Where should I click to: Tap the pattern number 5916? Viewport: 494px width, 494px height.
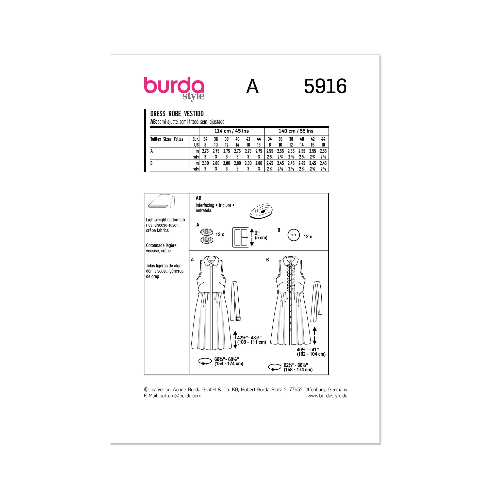(x=325, y=86)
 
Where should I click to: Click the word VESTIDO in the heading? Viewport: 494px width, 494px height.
(x=193, y=114)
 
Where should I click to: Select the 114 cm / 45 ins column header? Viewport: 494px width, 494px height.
(x=232, y=131)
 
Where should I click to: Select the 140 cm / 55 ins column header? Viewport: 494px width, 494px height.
(x=296, y=131)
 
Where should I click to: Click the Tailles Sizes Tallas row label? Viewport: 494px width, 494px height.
(x=167, y=139)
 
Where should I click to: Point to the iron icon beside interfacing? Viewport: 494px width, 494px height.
(x=261, y=211)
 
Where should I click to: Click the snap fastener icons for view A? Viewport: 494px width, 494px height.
(x=207, y=236)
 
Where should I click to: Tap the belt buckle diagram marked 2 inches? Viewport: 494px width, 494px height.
(x=241, y=237)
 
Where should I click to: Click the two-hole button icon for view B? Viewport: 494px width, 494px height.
(x=293, y=235)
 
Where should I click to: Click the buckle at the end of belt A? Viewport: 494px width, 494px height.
(x=238, y=319)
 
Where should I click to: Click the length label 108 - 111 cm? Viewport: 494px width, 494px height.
(x=251, y=342)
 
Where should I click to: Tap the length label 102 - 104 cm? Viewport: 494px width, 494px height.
(x=311, y=354)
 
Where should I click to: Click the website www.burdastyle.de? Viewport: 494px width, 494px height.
(x=327, y=396)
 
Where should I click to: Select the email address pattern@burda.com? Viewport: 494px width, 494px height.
(x=180, y=396)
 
